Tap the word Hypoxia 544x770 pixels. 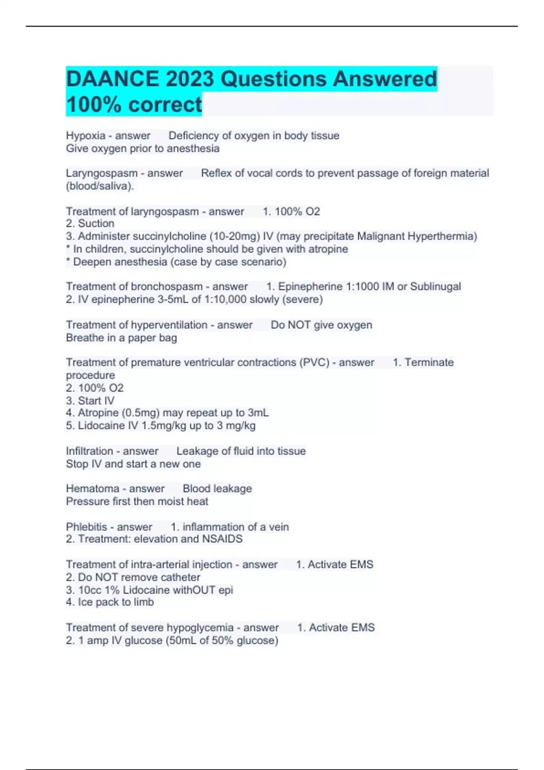point(86,136)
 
